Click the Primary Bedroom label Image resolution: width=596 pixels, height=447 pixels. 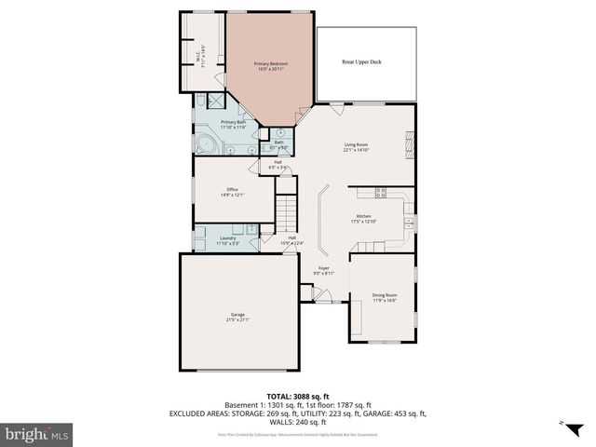point(271,66)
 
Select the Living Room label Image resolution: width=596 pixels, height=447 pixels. point(356,147)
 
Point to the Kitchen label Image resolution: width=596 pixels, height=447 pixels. point(362,219)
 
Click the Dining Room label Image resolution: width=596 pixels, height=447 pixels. point(385,297)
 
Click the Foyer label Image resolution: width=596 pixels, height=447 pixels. point(323,270)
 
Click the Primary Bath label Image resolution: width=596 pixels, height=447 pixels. point(233,124)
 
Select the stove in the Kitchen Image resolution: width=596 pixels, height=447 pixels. point(380,193)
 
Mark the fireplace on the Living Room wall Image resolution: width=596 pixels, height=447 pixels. point(407,144)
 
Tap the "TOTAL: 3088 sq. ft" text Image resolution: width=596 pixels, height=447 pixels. point(298,396)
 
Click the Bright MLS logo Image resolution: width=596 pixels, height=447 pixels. point(37,434)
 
